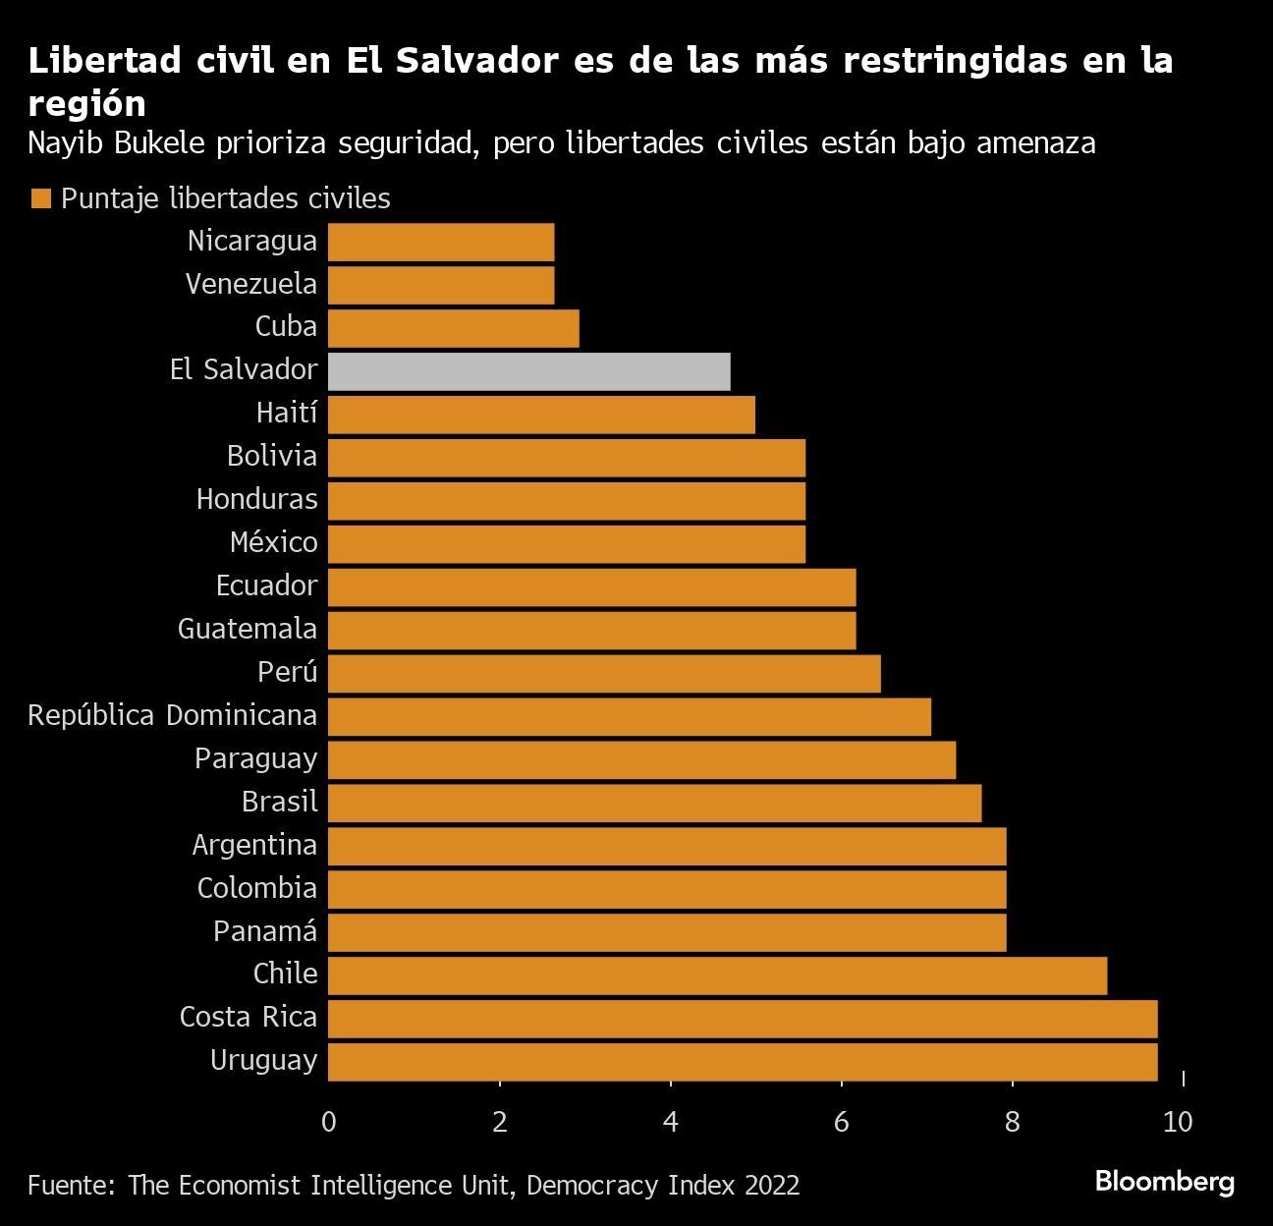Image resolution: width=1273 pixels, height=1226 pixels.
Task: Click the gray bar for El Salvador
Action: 528,371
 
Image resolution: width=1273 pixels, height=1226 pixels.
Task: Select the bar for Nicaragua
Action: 441,242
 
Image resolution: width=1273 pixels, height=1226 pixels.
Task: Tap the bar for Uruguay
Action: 743,1062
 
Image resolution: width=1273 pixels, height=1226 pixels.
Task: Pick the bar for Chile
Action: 717,975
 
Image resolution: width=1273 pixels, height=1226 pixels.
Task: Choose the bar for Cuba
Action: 453,328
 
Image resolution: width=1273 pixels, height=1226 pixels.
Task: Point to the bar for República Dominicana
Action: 629,716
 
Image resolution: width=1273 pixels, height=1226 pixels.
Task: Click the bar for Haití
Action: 541,415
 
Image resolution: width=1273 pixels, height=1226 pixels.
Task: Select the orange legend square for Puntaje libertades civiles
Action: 40,199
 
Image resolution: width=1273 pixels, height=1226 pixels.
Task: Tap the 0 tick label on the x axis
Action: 329,1122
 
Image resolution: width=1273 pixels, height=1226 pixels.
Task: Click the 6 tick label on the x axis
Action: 842,1122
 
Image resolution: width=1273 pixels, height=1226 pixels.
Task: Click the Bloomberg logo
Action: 1164,1181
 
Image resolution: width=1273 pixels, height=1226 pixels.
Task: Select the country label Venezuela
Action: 251,285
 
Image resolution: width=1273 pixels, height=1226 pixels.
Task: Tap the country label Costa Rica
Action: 249,1017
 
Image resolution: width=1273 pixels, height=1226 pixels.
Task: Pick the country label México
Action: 273,543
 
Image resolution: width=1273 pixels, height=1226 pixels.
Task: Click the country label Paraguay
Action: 255,759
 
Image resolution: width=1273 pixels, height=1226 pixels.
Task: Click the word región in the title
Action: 86,104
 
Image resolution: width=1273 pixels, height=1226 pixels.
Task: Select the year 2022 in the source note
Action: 771,1186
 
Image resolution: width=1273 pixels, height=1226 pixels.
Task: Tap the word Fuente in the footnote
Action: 68,1186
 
